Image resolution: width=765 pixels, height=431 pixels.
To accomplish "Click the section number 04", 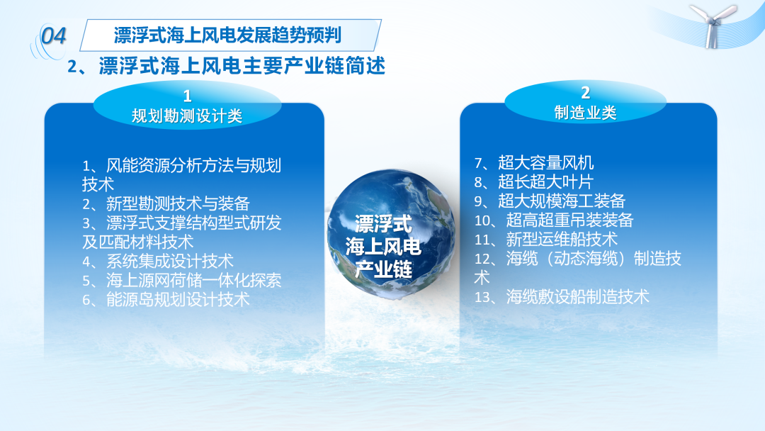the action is point(53,36).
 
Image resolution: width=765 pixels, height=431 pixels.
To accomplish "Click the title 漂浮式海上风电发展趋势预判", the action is point(227,35).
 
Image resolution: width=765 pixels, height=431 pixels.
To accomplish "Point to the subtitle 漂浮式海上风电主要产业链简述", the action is point(242,66).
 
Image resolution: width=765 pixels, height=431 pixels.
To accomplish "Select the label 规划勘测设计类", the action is point(187,116).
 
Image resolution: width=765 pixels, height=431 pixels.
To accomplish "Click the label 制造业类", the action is point(585,113).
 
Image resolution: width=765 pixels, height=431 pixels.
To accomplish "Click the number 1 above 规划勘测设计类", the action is point(187,96).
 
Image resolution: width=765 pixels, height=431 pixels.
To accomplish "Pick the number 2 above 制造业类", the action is point(586,93).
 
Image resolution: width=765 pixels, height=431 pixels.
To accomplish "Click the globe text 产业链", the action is point(383,269).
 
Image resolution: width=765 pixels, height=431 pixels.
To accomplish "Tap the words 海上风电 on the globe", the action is point(383,247).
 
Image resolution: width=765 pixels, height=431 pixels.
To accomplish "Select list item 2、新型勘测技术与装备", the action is point(166,203).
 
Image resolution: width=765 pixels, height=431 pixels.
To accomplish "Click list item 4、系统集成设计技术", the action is point(157,261).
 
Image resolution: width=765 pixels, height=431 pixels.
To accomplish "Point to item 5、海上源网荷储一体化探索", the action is point(181,280).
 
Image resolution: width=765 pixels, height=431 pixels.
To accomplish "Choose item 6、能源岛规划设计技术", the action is point(166,299).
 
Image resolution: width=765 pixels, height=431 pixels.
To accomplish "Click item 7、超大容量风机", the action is point(534,162).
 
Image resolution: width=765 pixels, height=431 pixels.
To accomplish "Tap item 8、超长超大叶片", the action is point(534,181).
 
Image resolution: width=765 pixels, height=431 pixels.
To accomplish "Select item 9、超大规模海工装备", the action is point(550,201).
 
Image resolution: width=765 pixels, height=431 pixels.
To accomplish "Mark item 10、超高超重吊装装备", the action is point(554,220).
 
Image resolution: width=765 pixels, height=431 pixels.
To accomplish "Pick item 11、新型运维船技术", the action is point(546,239).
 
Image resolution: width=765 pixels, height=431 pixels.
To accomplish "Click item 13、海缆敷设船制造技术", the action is point(562,297).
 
